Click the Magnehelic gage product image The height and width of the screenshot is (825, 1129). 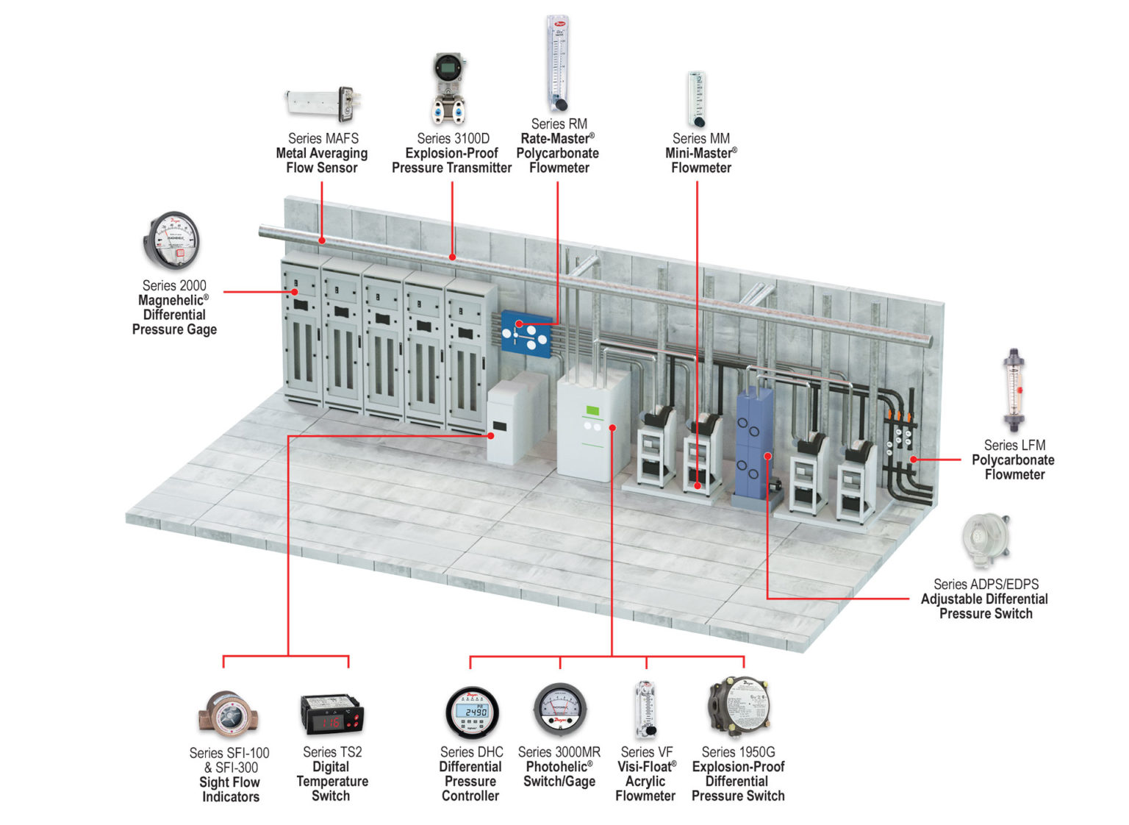(x=171, y=240)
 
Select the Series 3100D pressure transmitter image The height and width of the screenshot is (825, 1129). (x=449, y=88)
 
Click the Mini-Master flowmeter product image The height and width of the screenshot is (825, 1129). (x=697, y=99)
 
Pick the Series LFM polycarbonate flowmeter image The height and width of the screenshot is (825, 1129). (x=1014, y=390)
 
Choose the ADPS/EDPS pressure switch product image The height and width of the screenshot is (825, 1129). (x=985, y=540)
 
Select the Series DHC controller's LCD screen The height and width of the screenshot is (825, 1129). (x=471, y=712)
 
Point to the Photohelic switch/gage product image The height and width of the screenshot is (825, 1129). (x=559, y=710)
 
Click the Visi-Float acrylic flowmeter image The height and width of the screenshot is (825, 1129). (x=645, y=709)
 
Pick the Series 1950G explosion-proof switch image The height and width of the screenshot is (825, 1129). (x=738, y=707)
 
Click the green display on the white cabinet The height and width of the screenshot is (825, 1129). (x=592, y=410)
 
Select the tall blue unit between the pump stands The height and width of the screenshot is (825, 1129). (x=755, y=446)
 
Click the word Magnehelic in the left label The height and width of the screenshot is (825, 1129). (x=170, y=300)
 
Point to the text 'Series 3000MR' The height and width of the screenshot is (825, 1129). (x=559, y=752)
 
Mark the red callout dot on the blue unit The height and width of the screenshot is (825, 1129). (x=767, y=456)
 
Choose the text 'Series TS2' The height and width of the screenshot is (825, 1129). (x=332, y=752)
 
